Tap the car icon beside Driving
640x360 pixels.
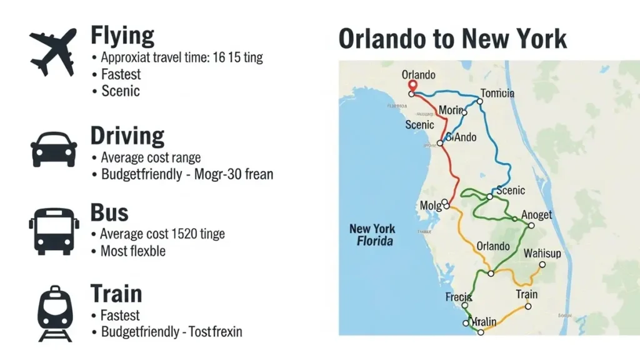point(54,149)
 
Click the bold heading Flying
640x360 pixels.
point(122,36)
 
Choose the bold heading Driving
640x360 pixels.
point(127,136)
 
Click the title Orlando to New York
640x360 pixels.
point(452,39)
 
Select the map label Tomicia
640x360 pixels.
point(497,93)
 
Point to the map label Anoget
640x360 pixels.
point(536,215)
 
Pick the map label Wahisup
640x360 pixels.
point(542,253)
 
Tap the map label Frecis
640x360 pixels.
point(458,297)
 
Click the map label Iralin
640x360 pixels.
point(483,321)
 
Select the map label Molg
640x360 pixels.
point(431,206)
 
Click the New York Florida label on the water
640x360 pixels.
point(372,234)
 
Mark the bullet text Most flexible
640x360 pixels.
point(133,251)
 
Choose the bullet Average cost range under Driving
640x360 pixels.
point(151,157)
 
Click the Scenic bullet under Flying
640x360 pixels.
point(121,91)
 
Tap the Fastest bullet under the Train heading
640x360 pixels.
point(121,315)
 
